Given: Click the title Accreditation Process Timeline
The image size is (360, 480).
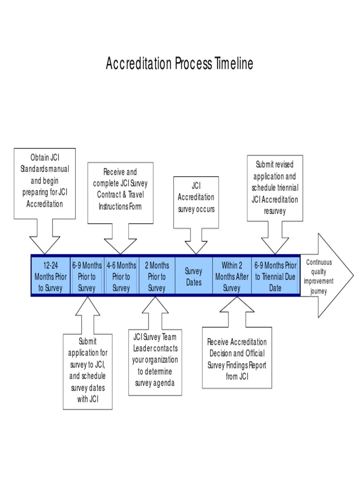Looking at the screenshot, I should click(180, 64).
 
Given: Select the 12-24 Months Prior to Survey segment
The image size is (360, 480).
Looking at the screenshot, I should click(51, 277).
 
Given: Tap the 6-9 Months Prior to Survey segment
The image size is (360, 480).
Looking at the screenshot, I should click(87, 277).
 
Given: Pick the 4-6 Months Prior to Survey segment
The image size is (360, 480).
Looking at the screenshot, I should click(121, 277).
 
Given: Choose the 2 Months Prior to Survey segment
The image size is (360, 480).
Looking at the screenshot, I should click(157, 277).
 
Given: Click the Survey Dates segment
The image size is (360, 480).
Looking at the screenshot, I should click(194, 277).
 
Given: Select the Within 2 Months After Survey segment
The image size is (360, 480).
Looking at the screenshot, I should click(232, 277).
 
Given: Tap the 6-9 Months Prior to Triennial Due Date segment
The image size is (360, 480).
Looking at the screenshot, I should click(275, 277).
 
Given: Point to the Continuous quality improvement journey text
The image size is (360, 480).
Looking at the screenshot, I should click(319, 277).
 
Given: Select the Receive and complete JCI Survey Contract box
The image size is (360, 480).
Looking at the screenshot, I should click(120, 189).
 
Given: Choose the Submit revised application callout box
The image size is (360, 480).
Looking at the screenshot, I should click(275, 187).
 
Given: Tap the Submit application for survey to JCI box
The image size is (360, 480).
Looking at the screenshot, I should click(88, 370).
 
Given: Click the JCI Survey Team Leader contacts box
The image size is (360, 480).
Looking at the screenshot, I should click(155, 360).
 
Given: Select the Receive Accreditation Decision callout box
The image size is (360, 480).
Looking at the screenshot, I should click(237, 359).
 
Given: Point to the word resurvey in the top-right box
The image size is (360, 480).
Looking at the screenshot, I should click(276, 210).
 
